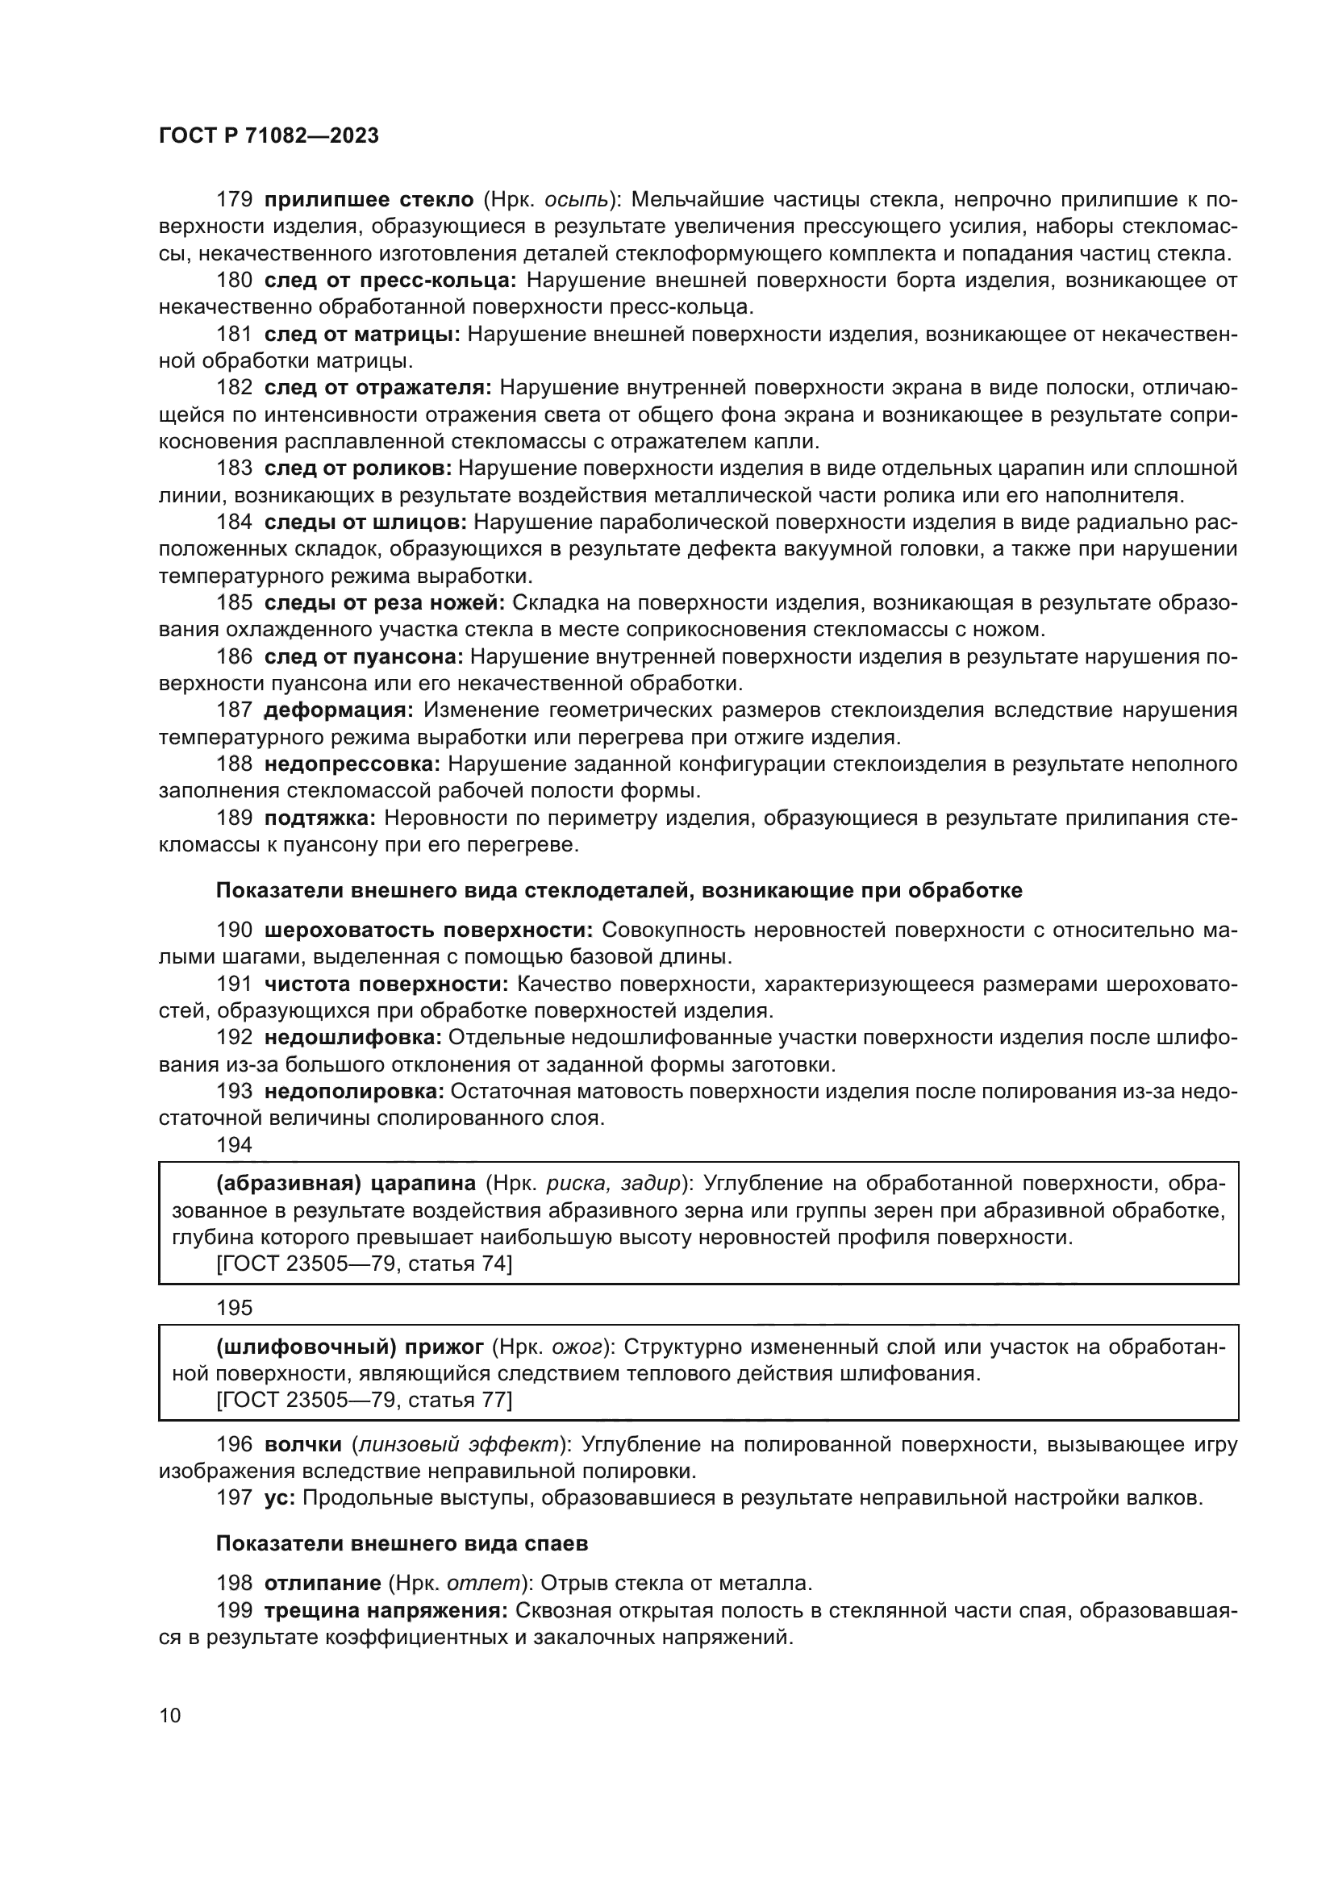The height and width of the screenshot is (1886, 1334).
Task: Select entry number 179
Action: tap(234, 200)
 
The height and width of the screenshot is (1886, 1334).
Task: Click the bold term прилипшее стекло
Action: tap(369, 200)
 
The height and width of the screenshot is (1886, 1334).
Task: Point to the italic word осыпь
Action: tap(577, 200)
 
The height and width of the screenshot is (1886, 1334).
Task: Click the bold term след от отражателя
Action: tap(377, 388)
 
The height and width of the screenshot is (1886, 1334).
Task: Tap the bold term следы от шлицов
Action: tap(365, 523)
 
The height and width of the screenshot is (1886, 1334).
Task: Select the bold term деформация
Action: tap(338, 710)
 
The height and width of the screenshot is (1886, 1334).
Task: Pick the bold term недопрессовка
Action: tap(352, 764)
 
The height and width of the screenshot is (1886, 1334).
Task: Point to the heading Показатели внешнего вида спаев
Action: tap(402, 1543)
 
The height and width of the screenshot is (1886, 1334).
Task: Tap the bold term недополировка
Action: tap(354, 1092)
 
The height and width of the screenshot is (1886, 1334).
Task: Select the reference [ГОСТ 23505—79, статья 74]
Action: tap(364, 1264)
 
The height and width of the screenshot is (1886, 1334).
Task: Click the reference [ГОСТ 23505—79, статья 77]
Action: tap(364, 1400)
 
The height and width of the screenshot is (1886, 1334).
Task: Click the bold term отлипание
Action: tap(323, 1583)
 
